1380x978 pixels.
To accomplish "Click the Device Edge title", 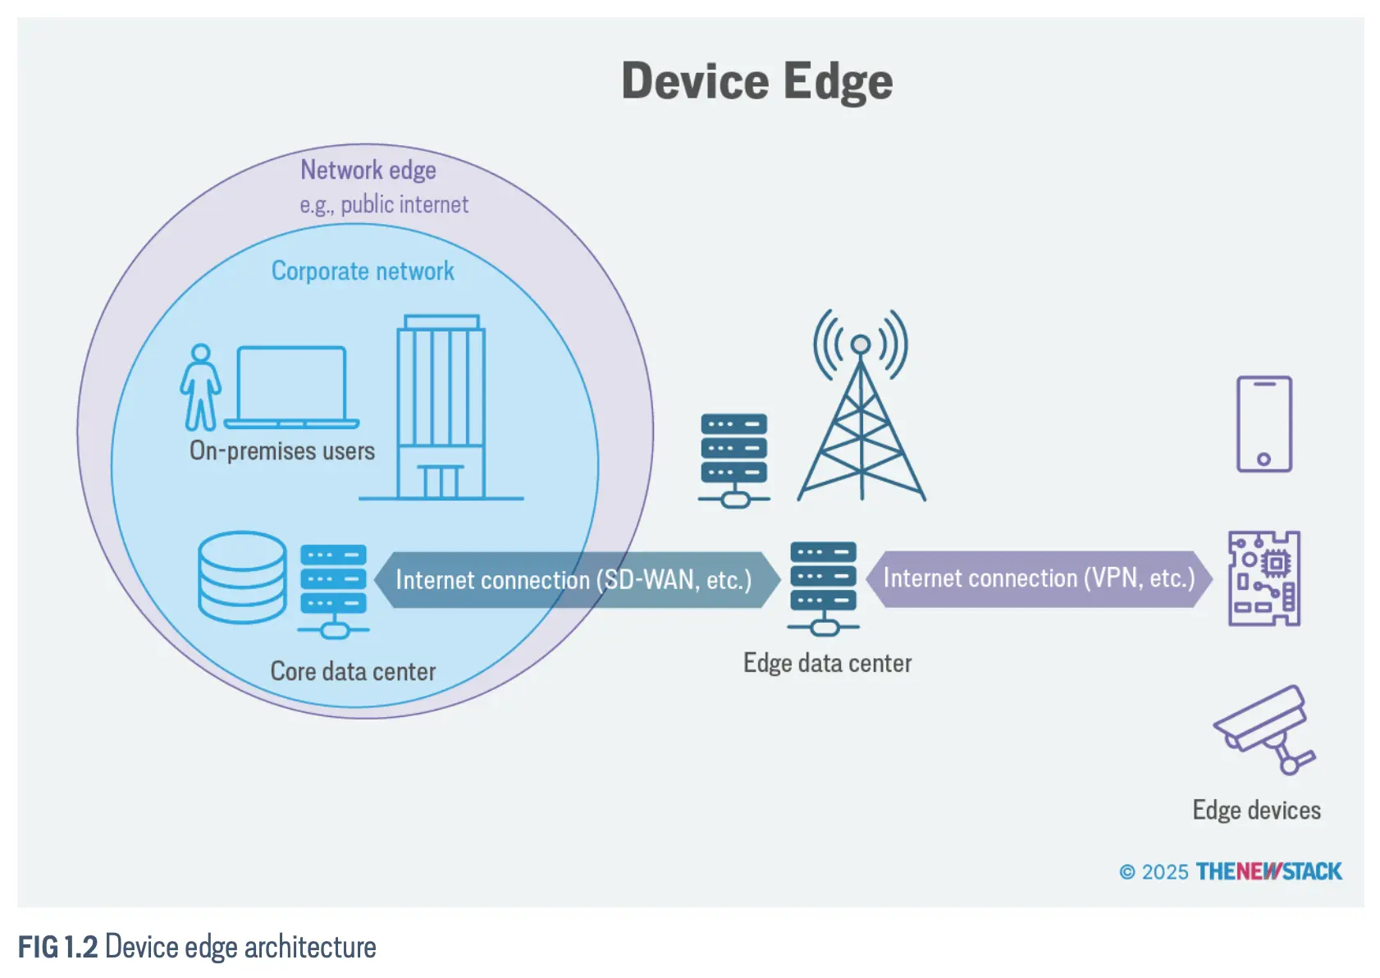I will click(756, 81).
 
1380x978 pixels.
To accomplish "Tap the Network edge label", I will click(368, 170).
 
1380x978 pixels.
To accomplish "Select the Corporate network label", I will click(363, 271).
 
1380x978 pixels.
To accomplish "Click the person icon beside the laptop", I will click(200, 387).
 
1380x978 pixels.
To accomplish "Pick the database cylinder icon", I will click(242, 576).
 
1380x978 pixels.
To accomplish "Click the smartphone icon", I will click(1263, 423).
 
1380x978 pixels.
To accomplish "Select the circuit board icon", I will click(1263, 578).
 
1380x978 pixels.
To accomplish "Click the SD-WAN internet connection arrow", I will click(574, 579).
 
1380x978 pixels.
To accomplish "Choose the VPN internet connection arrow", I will click(1039, 578).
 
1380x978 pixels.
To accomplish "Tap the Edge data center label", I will click(827, 663).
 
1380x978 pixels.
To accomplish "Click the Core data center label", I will click(353, 671).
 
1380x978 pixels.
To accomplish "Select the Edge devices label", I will click(1256, 810).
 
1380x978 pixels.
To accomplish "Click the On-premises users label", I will click(281, 450).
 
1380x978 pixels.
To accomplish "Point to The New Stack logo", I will click(1268, 871).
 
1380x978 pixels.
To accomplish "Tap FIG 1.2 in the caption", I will click(58, 947).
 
